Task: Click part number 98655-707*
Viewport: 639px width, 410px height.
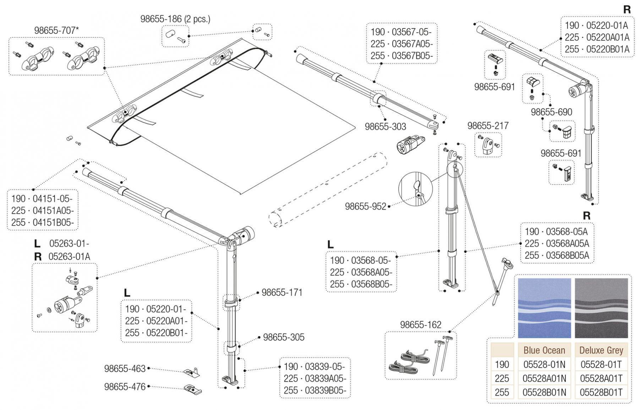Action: coord(56,31)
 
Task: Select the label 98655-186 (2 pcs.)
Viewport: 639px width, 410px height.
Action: coord(175,19)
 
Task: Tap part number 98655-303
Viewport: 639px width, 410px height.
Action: coord(385,126)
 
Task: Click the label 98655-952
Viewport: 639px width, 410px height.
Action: coord(365,206)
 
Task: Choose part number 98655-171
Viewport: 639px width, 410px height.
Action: coord(282,292)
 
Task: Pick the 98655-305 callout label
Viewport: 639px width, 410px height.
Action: coord(283,337)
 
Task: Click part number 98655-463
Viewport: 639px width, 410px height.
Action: coord(125,369)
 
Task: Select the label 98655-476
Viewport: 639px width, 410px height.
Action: coord(125,387)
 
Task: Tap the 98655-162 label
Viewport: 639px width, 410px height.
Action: coord(421,325)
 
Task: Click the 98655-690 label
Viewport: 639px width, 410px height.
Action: coord(551,112)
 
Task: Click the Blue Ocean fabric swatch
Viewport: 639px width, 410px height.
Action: coord(544,308)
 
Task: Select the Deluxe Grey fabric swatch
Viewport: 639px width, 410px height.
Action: coord(601,308)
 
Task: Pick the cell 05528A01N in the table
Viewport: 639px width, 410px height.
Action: coord(544,378)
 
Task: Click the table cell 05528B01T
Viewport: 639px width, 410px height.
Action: coord(601,393)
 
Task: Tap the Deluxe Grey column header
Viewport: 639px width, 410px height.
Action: coord(601,350)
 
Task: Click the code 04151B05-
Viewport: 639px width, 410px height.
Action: coord(53,222)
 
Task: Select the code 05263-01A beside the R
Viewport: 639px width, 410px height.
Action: coord(70,257)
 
